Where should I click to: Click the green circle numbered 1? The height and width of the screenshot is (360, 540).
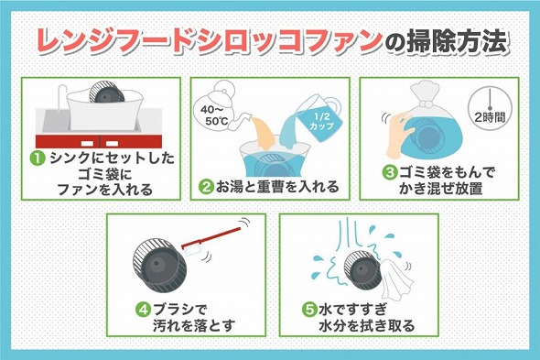(38, 158)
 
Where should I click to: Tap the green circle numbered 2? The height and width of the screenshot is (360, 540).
(207, 187)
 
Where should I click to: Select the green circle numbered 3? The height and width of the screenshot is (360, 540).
(390, 172)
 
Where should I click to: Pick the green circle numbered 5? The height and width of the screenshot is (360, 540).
(309, 310)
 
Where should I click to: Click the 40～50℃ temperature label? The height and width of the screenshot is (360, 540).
(214, 115)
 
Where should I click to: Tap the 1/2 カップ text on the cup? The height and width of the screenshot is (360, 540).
(321, 121)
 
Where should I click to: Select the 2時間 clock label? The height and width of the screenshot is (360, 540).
(490, 117)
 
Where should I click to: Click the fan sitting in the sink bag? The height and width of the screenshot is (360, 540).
(106, 93)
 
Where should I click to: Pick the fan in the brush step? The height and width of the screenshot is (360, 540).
(159, 266)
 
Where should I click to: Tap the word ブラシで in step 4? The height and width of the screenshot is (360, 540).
(179, 310)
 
